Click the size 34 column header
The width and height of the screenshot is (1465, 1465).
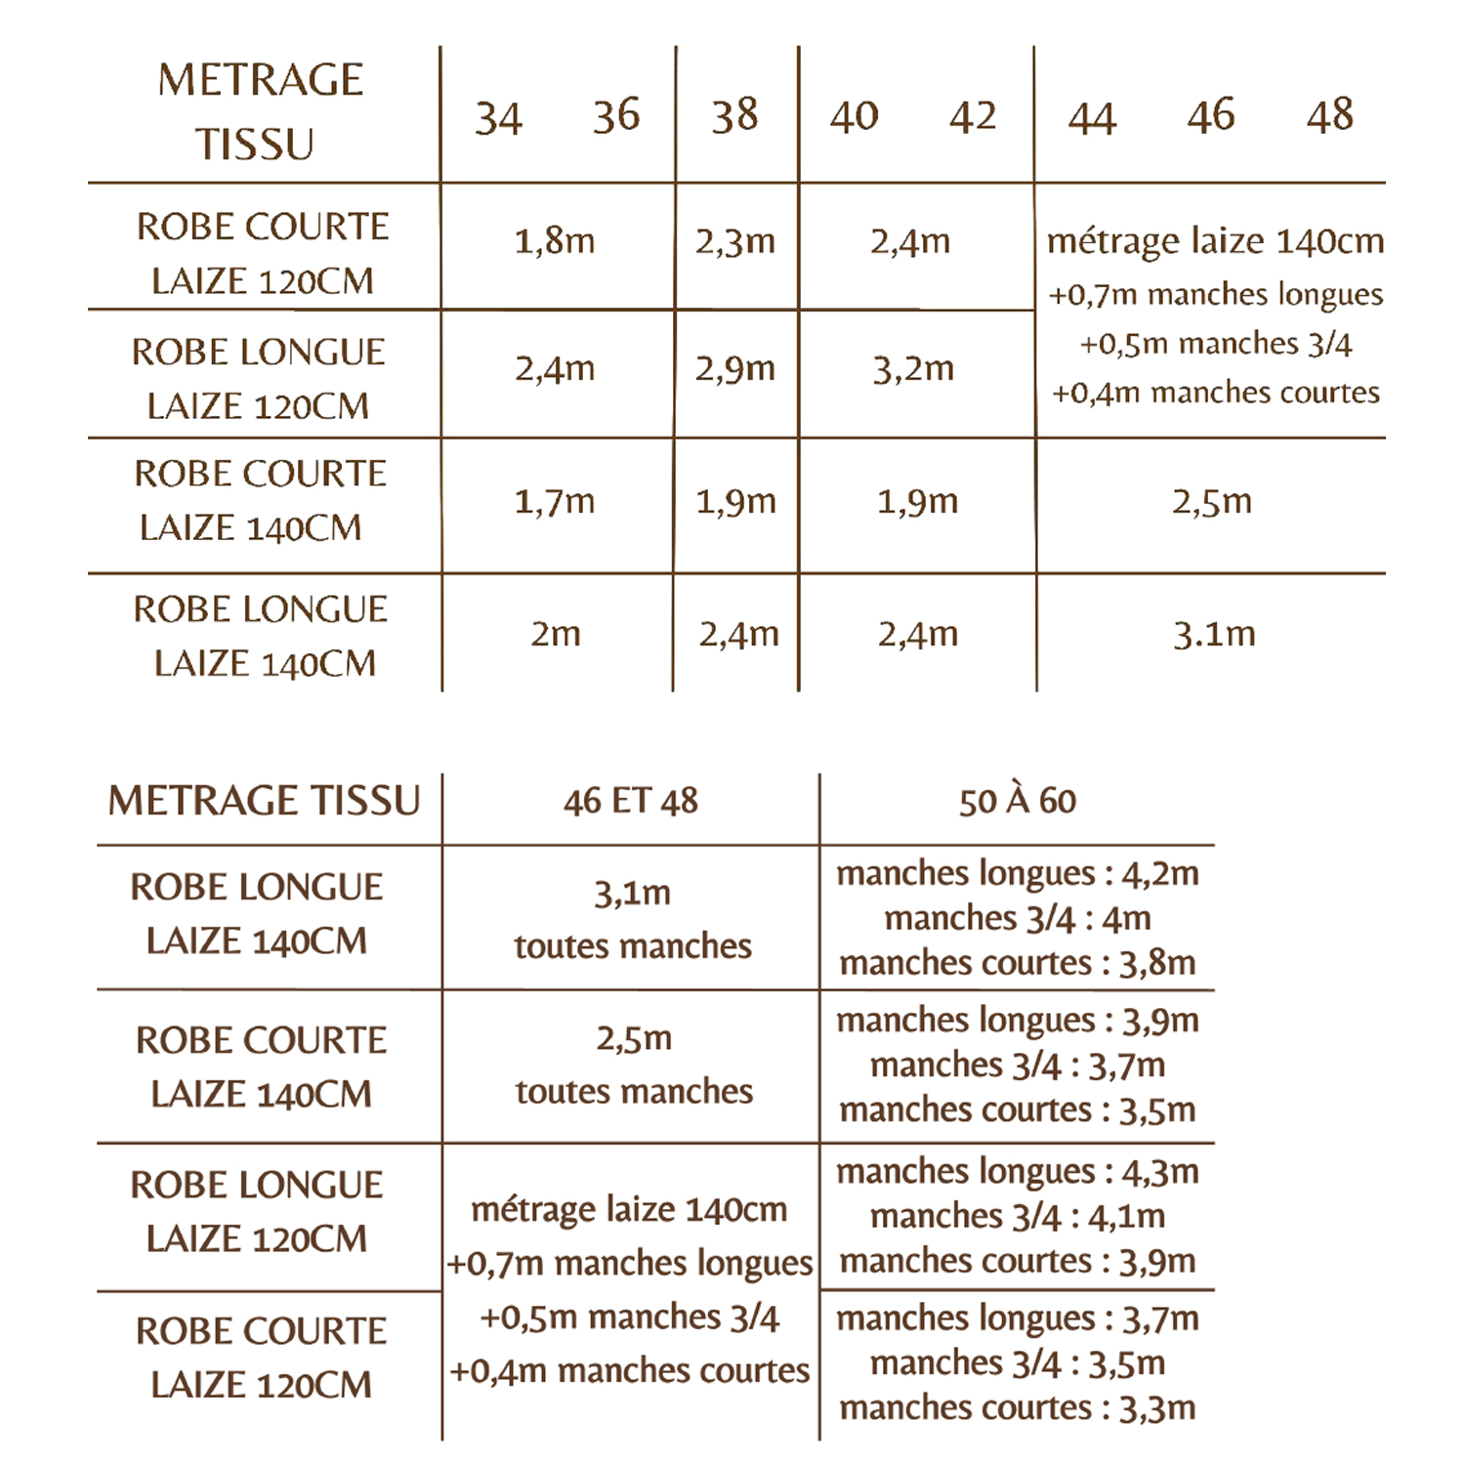[x=498, y=118]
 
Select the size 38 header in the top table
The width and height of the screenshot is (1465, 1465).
[x=734, y=116]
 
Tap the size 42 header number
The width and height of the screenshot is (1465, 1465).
[x=972, y=117]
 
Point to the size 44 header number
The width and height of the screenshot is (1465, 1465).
[x=1091, y=119]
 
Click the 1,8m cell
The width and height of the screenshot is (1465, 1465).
[x=555, y=240]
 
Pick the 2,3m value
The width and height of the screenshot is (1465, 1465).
[x=735, y=240]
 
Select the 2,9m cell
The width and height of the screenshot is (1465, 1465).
[x=735, y=368]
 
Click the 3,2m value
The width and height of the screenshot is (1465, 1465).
[x=913, y=368]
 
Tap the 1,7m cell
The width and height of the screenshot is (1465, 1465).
[x=555, y=501]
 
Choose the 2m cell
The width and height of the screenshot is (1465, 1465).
[x=556, y=634]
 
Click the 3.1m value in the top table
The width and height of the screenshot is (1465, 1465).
[x=1214, y=634]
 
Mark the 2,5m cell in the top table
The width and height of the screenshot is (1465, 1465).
[x=1212, y=501]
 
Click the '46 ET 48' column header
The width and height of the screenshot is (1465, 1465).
[x=631, y=802]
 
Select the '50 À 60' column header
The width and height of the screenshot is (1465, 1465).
[x=1017, y=802]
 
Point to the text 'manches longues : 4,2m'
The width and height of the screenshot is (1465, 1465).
[x=1017, y=873]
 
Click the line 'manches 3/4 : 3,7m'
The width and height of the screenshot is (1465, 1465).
[x=1017, y=1065]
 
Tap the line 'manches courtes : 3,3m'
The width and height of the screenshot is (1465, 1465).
[x=1017, y=1407]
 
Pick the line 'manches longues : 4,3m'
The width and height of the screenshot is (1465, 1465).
[x=1017, y=1171]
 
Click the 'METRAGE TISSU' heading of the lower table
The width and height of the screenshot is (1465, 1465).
[x=264, y=801]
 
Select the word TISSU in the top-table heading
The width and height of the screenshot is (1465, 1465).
[x=255, y=145]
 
